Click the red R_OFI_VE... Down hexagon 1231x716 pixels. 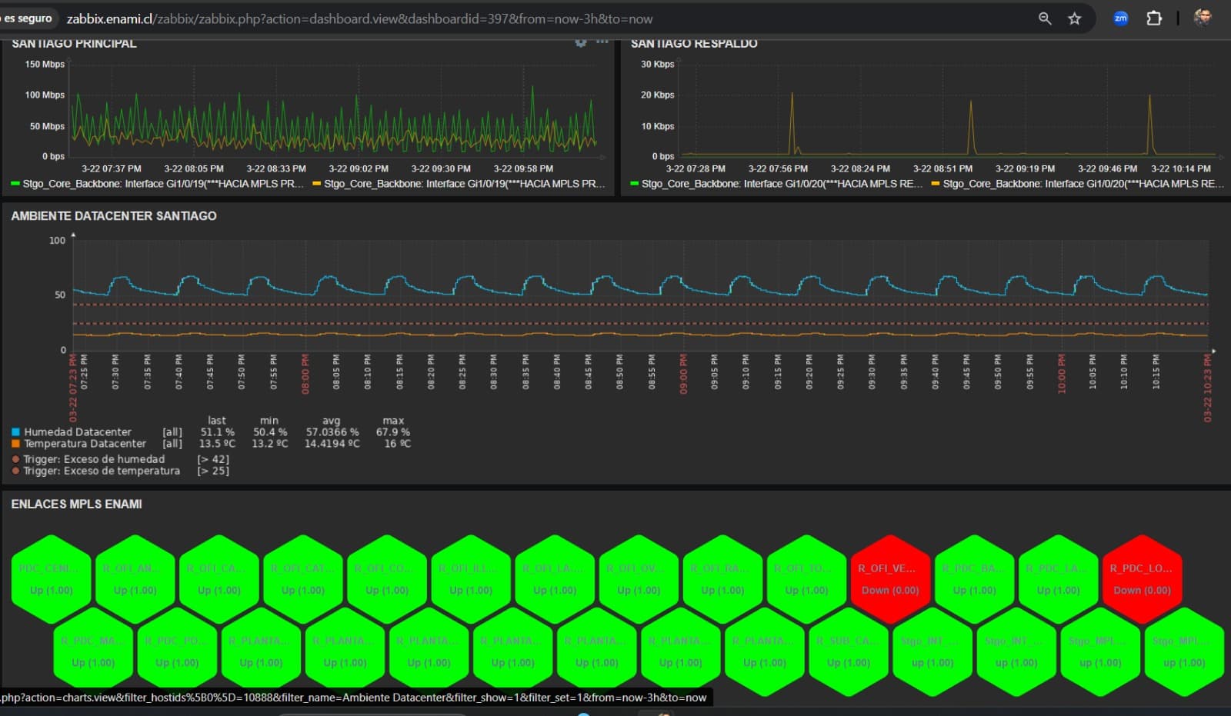tap(890, 579)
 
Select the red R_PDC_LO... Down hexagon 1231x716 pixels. tap(1142, 579)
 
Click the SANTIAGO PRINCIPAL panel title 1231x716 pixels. tap(74, 44)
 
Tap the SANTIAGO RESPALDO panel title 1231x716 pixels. tap(694, 44)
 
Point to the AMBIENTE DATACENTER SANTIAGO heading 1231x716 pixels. tap(114, 216)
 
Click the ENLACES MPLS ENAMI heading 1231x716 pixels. tap(76, 505)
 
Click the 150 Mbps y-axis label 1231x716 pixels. tap(45, 65)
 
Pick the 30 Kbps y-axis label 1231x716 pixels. tap(657, 65)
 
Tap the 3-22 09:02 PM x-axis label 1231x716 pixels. tap(359, 168)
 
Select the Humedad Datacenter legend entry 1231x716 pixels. tap(77, 432)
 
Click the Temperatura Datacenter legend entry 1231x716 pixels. tap(85, 444)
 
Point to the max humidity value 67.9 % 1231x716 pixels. tap(393, 432)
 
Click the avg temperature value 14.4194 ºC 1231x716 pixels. tap(332, 444)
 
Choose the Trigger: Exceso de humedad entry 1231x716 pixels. tap(93, 459)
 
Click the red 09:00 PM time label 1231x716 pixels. tap(683, 374)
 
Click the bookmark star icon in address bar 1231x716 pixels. tap(1075, 18)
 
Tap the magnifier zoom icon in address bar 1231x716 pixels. tap(1045, 18)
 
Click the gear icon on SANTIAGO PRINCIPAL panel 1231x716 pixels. tap(581, 43)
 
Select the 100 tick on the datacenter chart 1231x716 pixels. tap(58, 241)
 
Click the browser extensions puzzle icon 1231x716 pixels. tap(1154, 18)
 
